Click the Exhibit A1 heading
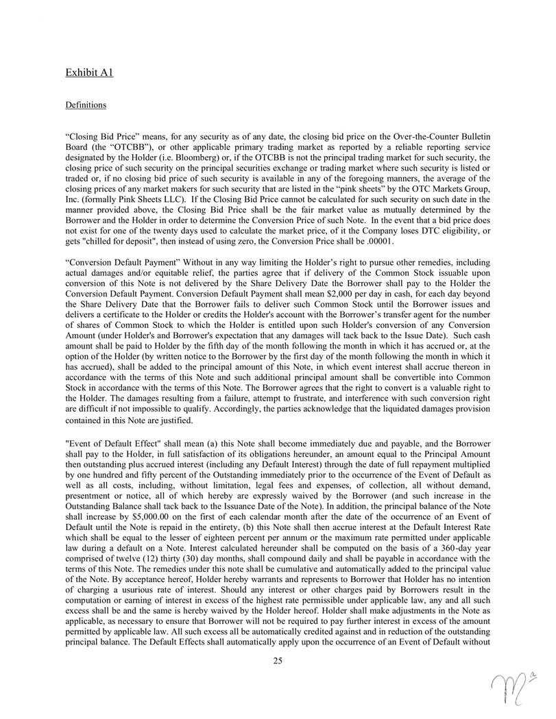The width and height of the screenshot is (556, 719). [x=89, y=71]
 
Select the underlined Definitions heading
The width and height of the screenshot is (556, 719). [x=86, y=105]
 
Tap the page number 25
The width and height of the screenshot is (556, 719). [x=278, y=660]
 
